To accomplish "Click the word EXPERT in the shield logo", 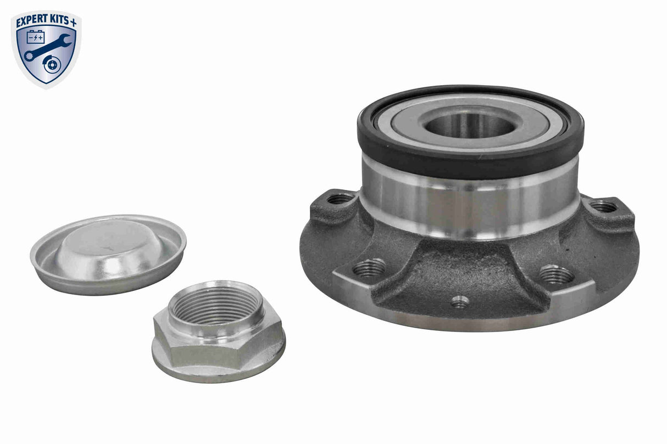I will pyautogui.click(x=32, y=21).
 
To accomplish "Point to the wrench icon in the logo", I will pyautogui.click(x=47, y=48).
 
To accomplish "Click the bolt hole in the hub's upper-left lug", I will pyautogui.click(x=341, y=199).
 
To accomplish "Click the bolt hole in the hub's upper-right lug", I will pyautogui.click(x=604, y=206).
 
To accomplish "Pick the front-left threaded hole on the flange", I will pyautogui.click(x=369, y=268).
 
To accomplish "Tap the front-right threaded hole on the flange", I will pyautogui.click(x=555, y=274).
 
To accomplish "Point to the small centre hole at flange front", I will pyautogui.click(x=460, y=301).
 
